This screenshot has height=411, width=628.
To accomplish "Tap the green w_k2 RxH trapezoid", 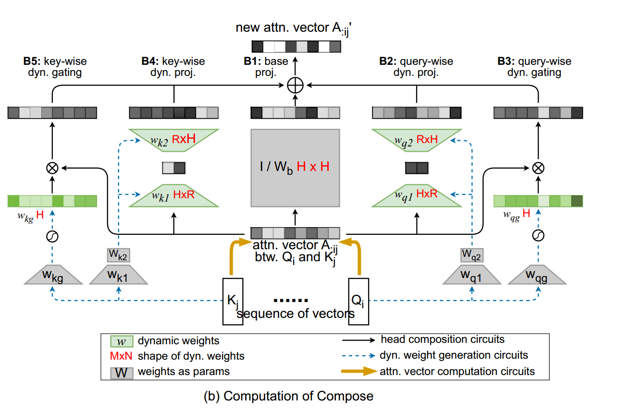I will click(x=174, y=139).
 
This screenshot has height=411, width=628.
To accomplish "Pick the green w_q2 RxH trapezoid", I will click(x=417, y=139).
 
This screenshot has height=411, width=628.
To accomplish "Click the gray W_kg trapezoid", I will click(x=52, y=277).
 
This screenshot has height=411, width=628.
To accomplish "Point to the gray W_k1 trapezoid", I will click(x=119, y=277).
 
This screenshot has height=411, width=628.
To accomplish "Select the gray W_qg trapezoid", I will click(x=538, y=277).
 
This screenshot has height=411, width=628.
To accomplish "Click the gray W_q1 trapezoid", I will click(x=471, y=277).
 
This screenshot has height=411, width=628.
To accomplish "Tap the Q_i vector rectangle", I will click(x=357, y=301).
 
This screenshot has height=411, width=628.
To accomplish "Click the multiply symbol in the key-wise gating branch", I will click(x=52, y=168).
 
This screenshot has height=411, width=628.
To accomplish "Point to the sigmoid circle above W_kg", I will click(x=52, y=236).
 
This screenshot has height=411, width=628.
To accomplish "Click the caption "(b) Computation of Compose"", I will click(x=288, y=396).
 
